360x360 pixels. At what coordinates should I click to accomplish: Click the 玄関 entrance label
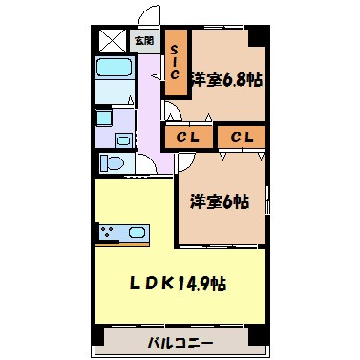point(143,40)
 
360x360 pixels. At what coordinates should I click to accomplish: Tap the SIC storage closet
point(176,64)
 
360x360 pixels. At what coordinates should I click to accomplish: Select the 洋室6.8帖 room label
point(225,79)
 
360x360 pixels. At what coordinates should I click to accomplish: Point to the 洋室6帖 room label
point(219,201)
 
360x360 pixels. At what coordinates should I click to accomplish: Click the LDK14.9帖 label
point(179,283)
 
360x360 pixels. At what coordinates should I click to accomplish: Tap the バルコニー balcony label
point(180,342)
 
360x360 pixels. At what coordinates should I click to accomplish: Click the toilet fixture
point(114,163)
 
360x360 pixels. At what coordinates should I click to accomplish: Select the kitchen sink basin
point(135,233)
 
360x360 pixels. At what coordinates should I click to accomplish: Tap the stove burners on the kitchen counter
point(107,232)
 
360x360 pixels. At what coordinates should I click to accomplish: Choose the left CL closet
point(187,138)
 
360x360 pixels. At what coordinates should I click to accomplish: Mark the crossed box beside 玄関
point(113,40)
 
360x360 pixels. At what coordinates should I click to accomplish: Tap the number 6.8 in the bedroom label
point(234,79)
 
